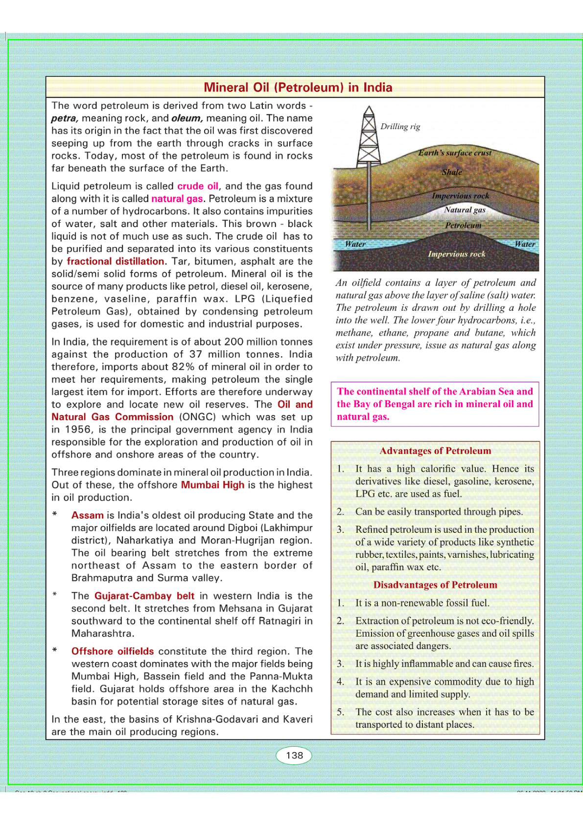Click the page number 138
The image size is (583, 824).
[x=294, y=755]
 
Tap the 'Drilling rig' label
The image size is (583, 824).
[x=400, y=127]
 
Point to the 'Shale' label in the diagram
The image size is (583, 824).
[x=452, y=172]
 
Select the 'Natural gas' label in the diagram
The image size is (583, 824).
[x=465, y=210]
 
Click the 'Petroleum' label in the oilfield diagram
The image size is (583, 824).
[x=463, y=226]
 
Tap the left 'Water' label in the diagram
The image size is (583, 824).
[x=355, y=244]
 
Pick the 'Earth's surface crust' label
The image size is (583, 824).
[x=454, y=153]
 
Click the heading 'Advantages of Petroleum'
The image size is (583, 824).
[x=435, y=451]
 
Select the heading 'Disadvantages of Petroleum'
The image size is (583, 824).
[x=435, y=585]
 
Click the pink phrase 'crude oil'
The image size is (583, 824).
[x=198, y=186]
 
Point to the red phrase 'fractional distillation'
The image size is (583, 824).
[x=116, y=261]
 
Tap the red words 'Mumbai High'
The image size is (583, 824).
[x=212, y=485]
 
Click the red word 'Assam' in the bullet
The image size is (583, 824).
[x=88, y=515]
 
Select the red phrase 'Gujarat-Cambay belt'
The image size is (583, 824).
[x=144, y=596]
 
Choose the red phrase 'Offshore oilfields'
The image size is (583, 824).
[x=113, y=651]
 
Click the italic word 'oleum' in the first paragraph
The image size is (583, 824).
[x=187, y=118]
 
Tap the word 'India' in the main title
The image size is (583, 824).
[x=377, y=88]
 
